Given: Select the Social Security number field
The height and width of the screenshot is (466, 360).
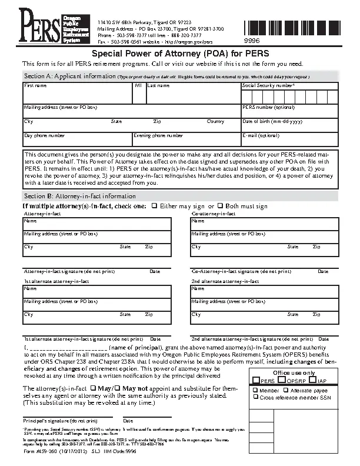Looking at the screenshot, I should coord(289,97).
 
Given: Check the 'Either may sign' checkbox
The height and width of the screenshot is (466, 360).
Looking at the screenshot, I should coord(154,206).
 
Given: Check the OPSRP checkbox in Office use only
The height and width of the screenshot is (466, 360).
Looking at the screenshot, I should coord(281,381).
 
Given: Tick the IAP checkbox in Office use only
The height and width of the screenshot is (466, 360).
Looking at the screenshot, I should coord(313,381).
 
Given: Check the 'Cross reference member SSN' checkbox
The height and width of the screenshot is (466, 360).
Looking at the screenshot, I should coord(256,397).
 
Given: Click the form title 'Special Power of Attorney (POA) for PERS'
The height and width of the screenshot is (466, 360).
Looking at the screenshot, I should coord(181,54).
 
